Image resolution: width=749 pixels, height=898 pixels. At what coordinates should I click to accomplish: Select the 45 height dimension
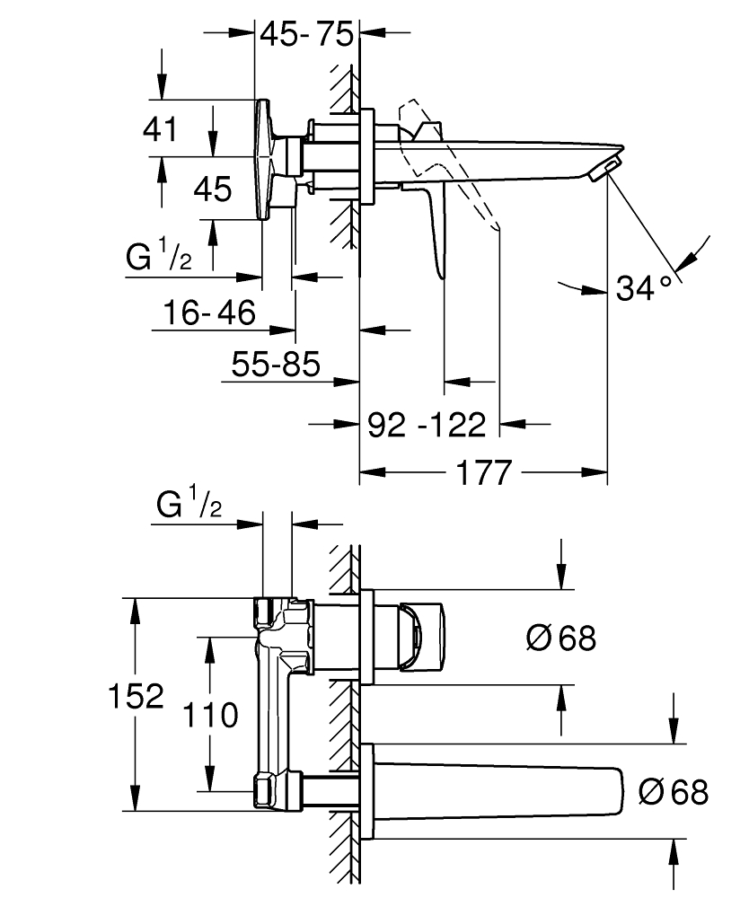pyautogui.click(x=213, y=189)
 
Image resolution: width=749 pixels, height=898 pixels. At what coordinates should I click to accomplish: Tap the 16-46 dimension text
pyautogui.click(x=210, y=313)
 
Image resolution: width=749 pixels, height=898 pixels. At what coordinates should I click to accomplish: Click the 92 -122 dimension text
pyautogui.click(x=427, y=423)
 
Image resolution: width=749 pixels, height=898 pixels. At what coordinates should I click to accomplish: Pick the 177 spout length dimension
pyautogui.click(x=483, y=472)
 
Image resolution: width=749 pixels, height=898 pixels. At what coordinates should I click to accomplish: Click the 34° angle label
pyautogui.click(x=645, y=288)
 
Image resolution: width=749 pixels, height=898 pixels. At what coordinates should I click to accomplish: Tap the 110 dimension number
pyautogui.click(x=213, y=716)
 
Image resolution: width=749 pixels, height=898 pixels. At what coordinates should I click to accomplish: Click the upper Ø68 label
pyautogui.click(x=561, y=638)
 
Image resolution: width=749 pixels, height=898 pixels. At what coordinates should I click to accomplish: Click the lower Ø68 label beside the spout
pyautogui.click(x=674, y=792)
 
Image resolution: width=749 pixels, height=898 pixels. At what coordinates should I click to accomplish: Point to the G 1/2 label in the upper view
pyautogui.click(x=159, y=259)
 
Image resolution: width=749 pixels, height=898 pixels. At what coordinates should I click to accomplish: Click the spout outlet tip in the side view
pyautogui.click(x=609, y=167)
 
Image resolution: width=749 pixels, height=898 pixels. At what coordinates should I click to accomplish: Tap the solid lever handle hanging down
pyautogui.click(x=436, y=224)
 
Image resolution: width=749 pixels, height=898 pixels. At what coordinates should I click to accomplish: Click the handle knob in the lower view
pyautogui.click(x=421, y=636)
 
